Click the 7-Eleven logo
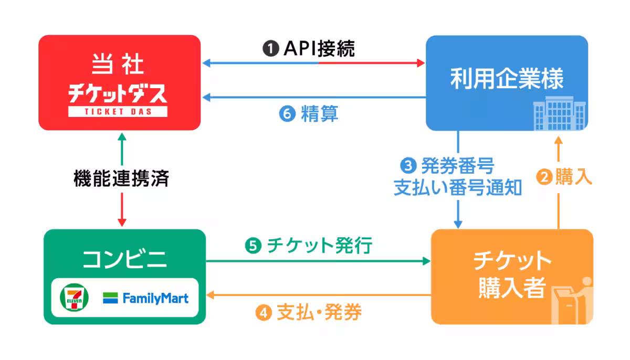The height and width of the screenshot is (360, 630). click(74, 298)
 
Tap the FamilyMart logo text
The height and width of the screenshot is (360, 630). click(155, 298)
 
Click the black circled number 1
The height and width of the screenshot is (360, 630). click(270, 49)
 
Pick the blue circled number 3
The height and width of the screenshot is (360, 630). click(408, 167)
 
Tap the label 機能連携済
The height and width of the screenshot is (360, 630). click(121, 179)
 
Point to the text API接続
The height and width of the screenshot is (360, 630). click(319, 49)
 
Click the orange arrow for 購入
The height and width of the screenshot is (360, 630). click(558, 184)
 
